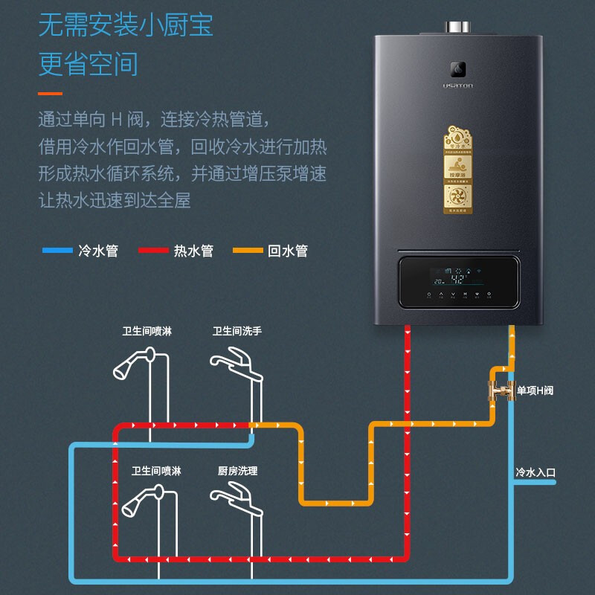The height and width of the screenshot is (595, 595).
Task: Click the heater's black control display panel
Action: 457,282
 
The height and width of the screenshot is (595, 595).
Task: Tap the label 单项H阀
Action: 535,390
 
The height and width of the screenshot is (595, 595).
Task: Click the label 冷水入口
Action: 535,472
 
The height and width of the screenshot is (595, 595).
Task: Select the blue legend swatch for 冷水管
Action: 57,251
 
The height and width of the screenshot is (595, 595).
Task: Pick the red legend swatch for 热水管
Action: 153,251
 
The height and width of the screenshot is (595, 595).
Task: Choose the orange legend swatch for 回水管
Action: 248,251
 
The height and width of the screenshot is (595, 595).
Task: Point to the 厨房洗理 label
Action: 237,471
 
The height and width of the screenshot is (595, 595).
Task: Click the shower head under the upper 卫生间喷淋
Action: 132,364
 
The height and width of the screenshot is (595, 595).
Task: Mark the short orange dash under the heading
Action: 50,93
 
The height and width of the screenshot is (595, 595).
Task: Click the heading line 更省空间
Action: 89,64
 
